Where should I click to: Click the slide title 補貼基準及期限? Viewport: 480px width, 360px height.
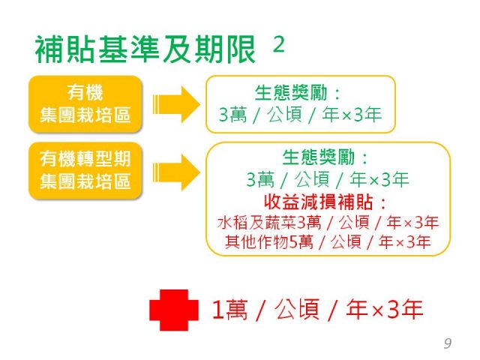pyautogui.click(x=145, y=49)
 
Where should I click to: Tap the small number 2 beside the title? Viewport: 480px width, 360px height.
pyautogui.click(x=278, y=45)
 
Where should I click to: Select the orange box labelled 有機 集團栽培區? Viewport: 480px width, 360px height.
pyautogui.click(x=85, y=104)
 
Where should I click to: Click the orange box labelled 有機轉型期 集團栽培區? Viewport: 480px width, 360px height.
pyautogui.click(x=85, y=170)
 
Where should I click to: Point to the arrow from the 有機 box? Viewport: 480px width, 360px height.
pyautogui.click(x=176, y=104)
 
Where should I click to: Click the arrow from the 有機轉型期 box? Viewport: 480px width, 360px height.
pyautogui.click(x=176, y=172)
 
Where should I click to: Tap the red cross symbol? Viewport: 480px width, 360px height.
pyautogui.click(x=174, y=310)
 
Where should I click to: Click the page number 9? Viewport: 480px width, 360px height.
pyautogui.click(x=448, y=343)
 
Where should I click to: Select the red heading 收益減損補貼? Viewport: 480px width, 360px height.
pyautogui.click(x=318, y=202)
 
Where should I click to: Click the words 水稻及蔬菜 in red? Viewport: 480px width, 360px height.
pyautogui.click(x=256, y=223)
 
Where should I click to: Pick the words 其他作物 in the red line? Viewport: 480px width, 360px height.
pyautogui.click(x=256, y=241)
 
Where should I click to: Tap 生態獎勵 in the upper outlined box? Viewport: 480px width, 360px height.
pyautogui.click(x=291, y=93)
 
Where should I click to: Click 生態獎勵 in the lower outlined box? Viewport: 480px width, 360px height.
pyautogui.click(x=318, y=157)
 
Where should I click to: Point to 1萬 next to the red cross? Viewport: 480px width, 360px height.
pyautogui.click(x=229, y=310)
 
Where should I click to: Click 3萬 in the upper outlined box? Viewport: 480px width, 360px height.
pyautogui.click(x=232, y=115)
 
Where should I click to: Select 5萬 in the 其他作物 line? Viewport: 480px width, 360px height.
pyautogui.click(x=301, y=242)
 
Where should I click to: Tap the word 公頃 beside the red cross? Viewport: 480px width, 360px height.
pyautogui.click(x=297, y=309)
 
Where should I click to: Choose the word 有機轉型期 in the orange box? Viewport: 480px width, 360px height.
pyautogui.click(x=85, y=158)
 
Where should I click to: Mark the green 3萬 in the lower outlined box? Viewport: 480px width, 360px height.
pyautogui.click(x=260, y=179)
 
